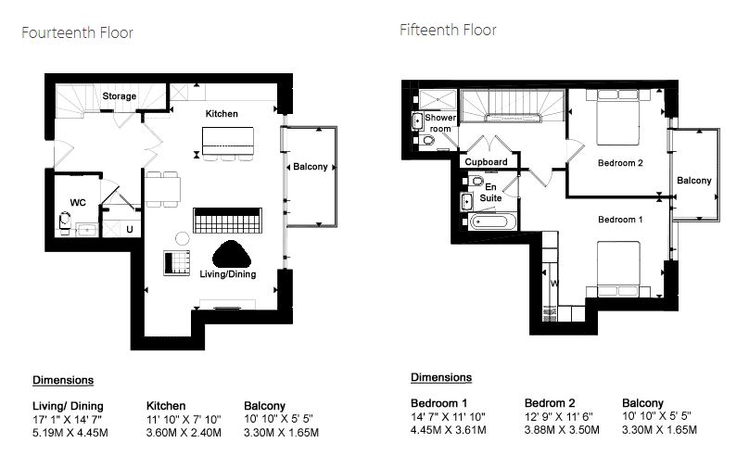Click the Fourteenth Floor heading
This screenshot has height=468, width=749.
(x=77, y=32)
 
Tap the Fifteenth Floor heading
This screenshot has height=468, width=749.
(x=448, y=30)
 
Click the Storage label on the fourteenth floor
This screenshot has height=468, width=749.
(x=120, y=96)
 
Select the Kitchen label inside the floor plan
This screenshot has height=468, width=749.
(x=222, y=114)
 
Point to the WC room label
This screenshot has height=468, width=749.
(x=78, y=202)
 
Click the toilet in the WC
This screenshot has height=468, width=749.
(x=65, y=222)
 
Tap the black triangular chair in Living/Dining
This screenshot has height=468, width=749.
(x=232, y=254)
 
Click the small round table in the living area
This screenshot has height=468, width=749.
(x=183, y=238)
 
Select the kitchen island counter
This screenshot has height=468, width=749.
(x=228, y=141)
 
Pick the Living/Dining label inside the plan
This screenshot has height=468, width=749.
(x=228, y=274)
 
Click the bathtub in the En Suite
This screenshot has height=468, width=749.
(x=492, y=221)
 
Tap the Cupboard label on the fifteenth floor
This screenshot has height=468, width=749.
(x=487, y=162)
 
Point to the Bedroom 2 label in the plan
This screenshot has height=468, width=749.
(x=620, y=163)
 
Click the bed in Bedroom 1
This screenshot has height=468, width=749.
(x=618, y=270)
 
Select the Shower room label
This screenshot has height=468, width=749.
(x=440, y=122)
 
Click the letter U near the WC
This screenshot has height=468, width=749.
(x=130, y=230)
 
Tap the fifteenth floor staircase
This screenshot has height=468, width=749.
(x=513, y=105)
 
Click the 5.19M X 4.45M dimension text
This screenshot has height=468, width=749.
(x=70, y=433)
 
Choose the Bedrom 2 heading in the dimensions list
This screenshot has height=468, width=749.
(x=550, y=403)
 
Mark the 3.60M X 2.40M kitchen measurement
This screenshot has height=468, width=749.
(x=184, y=433)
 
